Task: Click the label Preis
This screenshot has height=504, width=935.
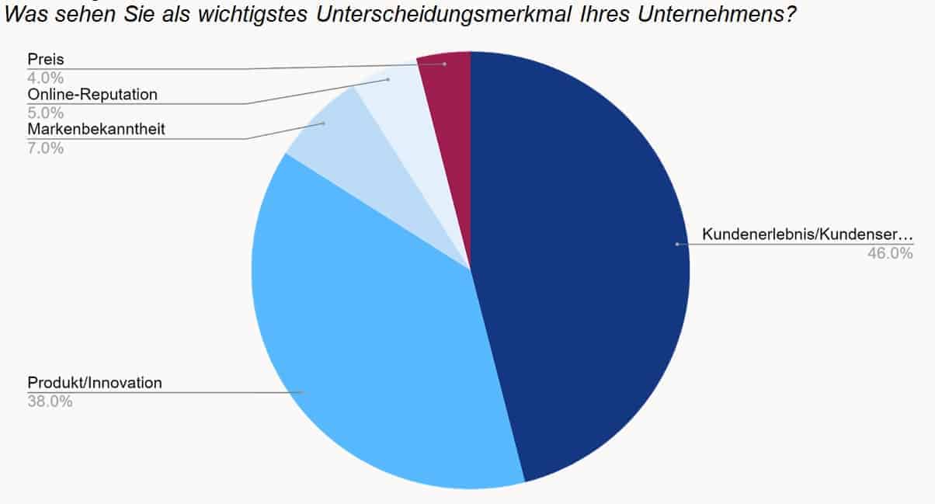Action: coord(45,60)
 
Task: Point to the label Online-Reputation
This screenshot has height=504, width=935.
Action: coord(92,94)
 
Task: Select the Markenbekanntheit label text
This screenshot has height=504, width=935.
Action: coord(96,129)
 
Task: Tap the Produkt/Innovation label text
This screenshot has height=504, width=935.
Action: coord(95,382)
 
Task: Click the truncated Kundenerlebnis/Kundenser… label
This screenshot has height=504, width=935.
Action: coord(808,234)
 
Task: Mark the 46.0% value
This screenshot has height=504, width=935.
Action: coord(891,252)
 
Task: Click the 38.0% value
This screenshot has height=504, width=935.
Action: coord(50,401)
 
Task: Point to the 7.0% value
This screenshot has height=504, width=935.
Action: coord(46,148)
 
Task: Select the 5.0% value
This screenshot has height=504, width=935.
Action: coord(46,113)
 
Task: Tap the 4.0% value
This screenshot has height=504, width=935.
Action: coord(46,78)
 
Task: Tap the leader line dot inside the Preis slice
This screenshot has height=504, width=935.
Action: coord(444,64)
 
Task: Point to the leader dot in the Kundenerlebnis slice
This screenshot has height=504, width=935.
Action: coord(677,244)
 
